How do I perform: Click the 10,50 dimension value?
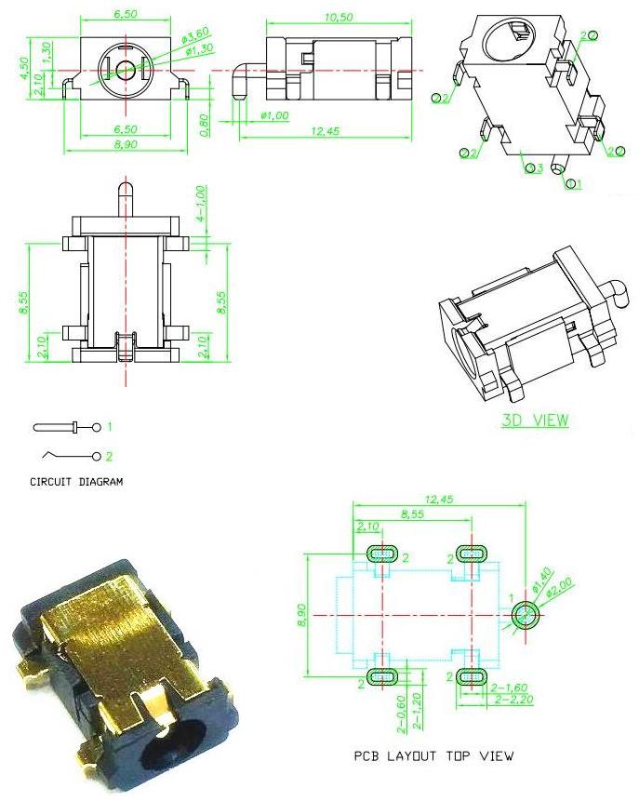point(339,17)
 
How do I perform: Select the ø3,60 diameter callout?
point(195,35)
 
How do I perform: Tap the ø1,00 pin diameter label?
point(274,116)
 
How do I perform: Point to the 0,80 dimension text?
point(204,125)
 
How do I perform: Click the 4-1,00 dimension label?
point(201,204)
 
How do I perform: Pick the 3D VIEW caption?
point(535,420)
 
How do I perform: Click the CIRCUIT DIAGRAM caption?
point(76,482)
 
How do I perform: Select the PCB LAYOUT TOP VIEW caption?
point(433,755)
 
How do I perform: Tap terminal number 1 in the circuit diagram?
point(110,427)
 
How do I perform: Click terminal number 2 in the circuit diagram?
point(109,456)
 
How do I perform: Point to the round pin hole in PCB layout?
point(526,615)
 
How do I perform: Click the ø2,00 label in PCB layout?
point(560,587)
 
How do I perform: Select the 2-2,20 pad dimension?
point(514,700)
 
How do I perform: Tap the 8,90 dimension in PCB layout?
point(301,615)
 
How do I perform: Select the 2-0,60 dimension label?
point(402,714)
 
